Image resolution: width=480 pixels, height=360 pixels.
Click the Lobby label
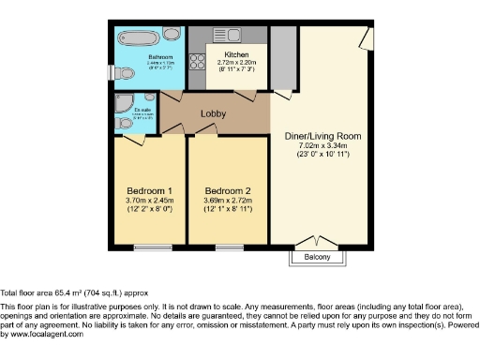214,114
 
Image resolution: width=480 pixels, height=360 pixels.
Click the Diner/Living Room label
322,136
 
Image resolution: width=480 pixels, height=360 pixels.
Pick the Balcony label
316,257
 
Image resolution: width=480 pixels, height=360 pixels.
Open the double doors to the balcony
315,242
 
